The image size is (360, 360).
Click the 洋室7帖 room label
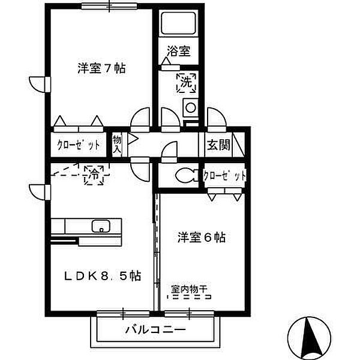coord(101,68)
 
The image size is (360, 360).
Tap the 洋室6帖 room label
coord(201,238)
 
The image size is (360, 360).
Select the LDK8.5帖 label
coord(103,276)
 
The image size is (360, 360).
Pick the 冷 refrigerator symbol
coord(94,175)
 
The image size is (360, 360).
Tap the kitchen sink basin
coord(100,227)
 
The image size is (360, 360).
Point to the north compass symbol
coord(310,335)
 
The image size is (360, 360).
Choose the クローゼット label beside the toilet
coord(224,176)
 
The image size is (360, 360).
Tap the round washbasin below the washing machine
coord(190,109)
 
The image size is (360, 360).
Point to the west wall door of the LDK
coord(36,192)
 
